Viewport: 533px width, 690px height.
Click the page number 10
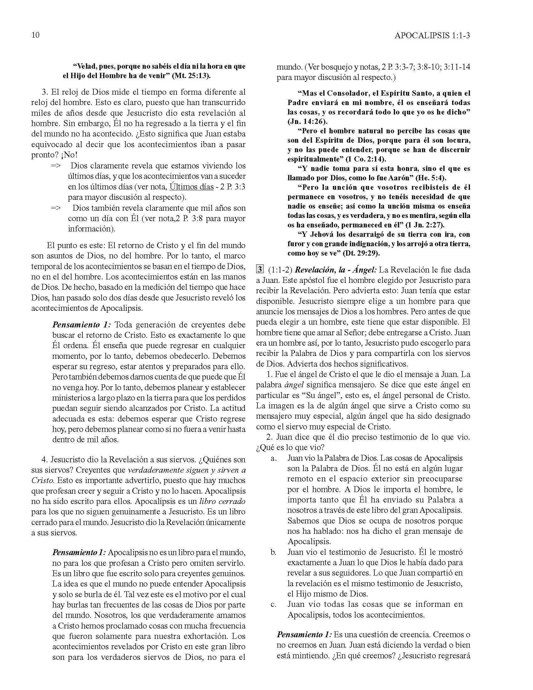(36, 35)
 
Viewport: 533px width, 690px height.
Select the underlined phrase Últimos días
(191, 187)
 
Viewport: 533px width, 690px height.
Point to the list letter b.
(273, 552)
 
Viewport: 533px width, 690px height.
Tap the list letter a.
(273, 459)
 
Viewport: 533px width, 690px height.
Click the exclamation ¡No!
(68, 155)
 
